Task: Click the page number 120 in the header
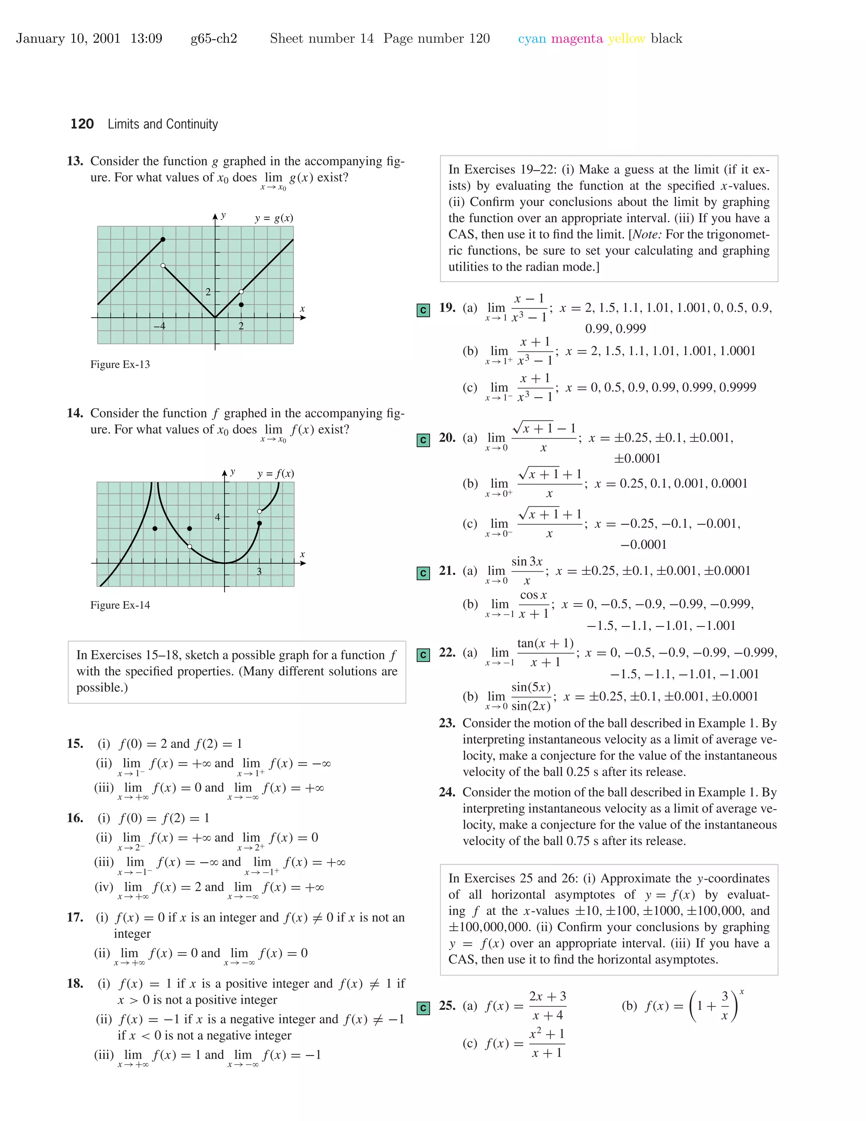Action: pos(82,124)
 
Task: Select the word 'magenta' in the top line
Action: pos(577,39)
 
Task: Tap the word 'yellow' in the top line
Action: pos(626,39)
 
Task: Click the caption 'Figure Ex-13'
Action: pos(120,364)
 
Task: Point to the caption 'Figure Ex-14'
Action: pos(120,605)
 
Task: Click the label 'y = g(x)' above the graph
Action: pos(274,218)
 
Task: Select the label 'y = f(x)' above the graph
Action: pos(276,474)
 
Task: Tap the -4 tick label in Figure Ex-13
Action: pos(159,326)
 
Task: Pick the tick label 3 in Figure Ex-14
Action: pos(259,571)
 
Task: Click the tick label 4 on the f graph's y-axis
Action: pos(217,517)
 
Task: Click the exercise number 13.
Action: pos(75,161)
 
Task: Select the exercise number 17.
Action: pos(75,917)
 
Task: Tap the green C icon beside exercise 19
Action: pos(423,310)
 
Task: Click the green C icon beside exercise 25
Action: pos(423,1008)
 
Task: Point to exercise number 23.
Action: pos(447,723)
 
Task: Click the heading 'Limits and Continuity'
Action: pos(163,124)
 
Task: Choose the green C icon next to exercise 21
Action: pos(423,573)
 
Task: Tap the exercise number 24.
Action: pos(447,792)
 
